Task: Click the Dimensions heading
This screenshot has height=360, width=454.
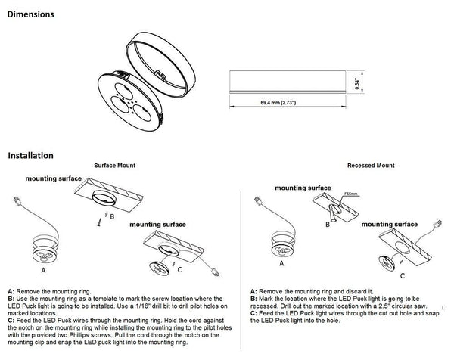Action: click(x=31, y=14)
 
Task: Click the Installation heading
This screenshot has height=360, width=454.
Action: click(x=30, y=156)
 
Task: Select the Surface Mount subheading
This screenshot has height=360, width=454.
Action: click(x=115, y=165)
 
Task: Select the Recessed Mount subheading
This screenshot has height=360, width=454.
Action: click(x=370, y=165)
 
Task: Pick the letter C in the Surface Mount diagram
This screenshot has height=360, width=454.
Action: click(x=179, y=270)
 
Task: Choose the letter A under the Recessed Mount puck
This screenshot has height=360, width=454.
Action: click(x=281, y=265)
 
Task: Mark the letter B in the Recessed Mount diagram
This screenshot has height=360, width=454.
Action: click(x=328, y=222)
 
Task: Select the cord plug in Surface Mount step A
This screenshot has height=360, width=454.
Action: click(x=17, y=203)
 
